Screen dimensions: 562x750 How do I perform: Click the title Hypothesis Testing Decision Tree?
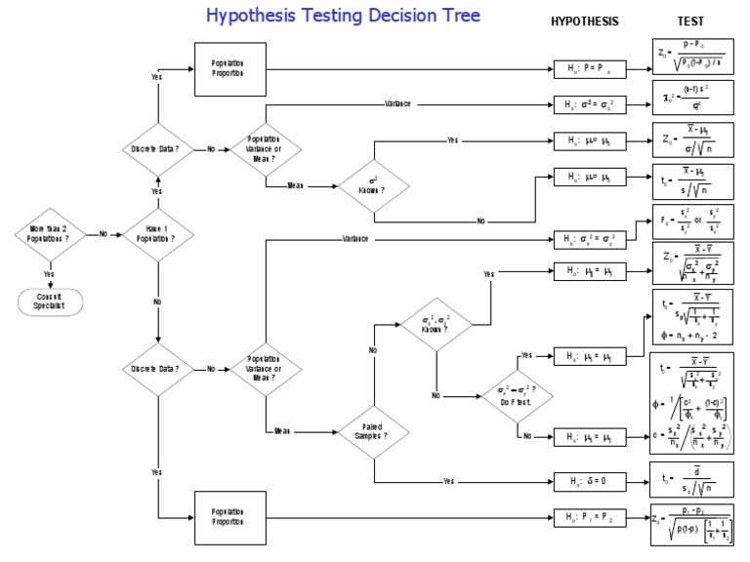(x=342, y=17)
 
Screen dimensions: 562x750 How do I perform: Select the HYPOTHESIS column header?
(x=584, y=20)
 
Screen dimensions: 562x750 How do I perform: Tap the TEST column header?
(x=690, y=20)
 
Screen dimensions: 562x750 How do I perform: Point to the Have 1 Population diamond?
(x=157, y=234)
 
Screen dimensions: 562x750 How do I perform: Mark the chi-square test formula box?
(x=691, y=101)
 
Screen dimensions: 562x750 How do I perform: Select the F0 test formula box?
(x=691, y=221)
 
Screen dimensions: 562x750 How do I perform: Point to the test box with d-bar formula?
(x=691, y=480)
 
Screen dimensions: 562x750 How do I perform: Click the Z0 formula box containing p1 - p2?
(x=691, y=523)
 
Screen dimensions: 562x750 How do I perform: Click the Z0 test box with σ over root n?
(x=691, y=142)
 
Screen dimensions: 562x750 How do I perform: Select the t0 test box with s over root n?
(x=691, y=181)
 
